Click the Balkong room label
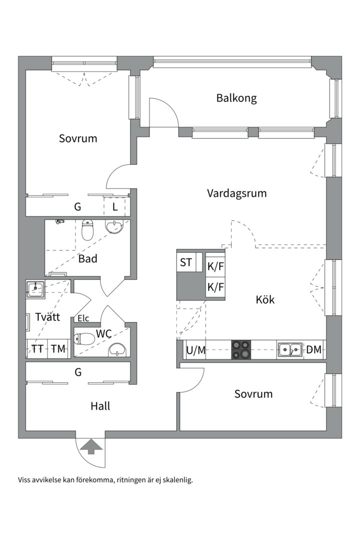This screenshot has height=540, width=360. click(236, 98)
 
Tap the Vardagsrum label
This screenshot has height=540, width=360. click(237, 193)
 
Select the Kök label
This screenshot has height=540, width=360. click(265, 300)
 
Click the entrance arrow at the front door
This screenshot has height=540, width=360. click(90, 445)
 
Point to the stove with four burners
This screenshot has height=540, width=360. click(241, 349)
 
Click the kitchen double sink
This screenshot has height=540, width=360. click(290, 349)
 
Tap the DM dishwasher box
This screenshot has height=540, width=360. click(314, 349)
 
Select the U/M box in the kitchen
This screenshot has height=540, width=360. click(195, 350)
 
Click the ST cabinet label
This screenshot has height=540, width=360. click(186, 262)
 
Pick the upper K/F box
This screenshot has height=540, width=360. click(215, 266)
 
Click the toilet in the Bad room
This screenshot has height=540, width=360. click(87, 229)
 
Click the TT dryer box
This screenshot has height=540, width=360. click(37, 349)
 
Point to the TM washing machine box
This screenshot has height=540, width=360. click(58, 349)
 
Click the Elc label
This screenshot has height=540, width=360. click(83, 318)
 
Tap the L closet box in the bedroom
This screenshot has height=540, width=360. click(114, 206)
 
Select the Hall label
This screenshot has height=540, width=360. click(100, 406)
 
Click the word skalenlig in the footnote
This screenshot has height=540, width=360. click(175, 479)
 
